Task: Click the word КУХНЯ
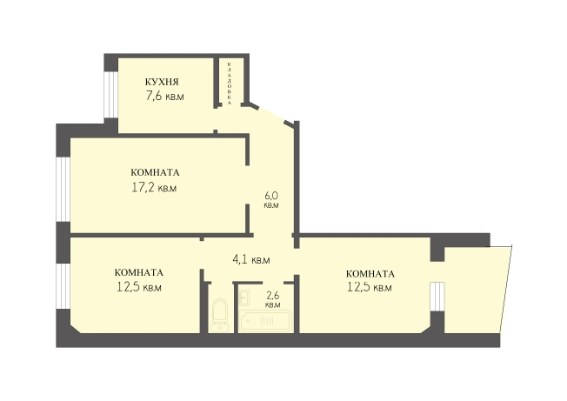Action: pos(162,82)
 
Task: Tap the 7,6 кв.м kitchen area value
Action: pos(164,97)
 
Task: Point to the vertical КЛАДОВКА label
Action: pos(230,84)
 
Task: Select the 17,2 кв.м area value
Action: pos(154,188)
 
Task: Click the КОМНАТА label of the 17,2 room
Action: pos(155,172)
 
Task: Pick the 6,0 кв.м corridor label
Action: pos(271,200)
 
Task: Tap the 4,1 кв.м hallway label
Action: pos(251,259)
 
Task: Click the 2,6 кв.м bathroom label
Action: pos(273,300)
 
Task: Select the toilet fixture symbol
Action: pos(219,315)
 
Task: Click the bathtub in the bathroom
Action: pos(265,320)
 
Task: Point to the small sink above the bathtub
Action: pos(244,297)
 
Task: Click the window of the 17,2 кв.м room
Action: pos(63,190)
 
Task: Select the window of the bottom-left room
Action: pos(63,286)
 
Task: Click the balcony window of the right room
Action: pos(437,297)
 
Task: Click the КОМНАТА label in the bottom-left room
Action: pos(139,272)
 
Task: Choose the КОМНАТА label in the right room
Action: pos(370,274)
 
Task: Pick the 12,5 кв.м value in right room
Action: pos(370,287)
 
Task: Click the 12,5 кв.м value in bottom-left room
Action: pos(139,287)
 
